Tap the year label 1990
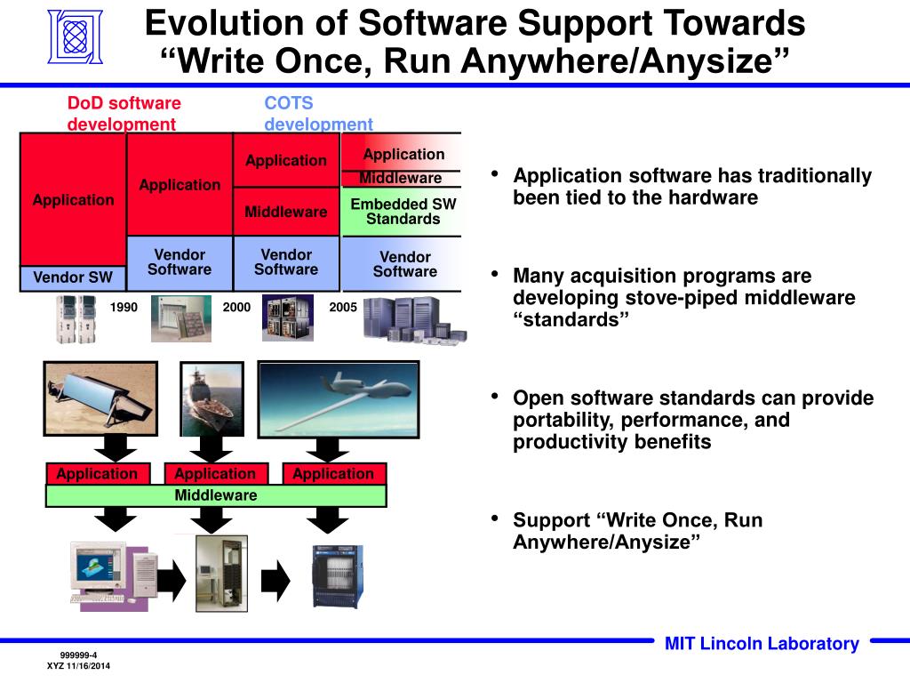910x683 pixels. [x=124, y=307]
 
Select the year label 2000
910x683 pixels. [x=236, y=307]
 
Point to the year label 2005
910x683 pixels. [x=343, y=307]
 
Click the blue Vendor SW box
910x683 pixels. [x=73, y=277]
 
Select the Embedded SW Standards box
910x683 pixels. [x=403, y=212]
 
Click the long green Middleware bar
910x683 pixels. [x=216, y=495]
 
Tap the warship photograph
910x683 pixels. [x=212, y=399]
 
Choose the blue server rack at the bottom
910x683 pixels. [x=338, y=576]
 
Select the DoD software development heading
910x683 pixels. [x=124, y=114]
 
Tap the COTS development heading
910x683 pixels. [x=318, y=114]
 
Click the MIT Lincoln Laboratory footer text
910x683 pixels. [x=762, y=644]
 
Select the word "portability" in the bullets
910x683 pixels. [x=562, y=420]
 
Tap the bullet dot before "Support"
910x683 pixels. [x=494, y=518]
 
